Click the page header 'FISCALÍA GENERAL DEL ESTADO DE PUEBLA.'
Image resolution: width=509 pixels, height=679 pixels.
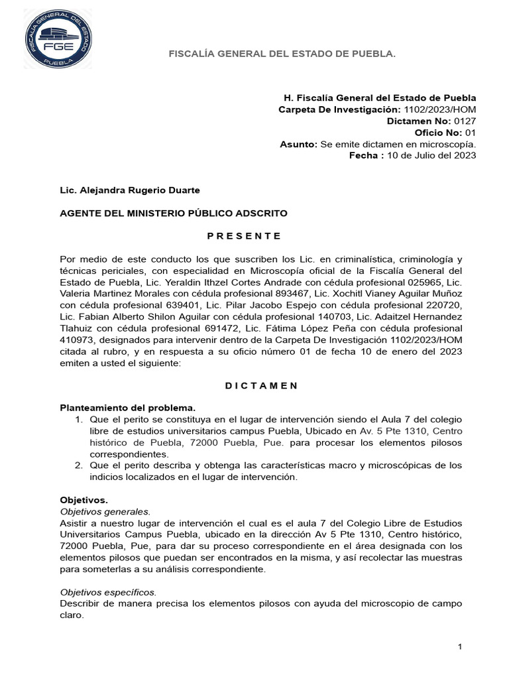tap(282, 52)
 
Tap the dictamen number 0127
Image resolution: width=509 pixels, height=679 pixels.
tap(465, 121)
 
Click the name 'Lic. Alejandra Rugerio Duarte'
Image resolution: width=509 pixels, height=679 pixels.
tap(130, 190)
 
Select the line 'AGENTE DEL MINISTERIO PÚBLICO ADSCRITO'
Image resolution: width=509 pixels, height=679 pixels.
tap(174, 213)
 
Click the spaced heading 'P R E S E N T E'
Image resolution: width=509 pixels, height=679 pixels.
tap(245, 236)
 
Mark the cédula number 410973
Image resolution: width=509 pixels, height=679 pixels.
tap(78, 339)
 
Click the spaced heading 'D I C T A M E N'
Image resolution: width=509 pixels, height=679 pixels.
tap(245, 386)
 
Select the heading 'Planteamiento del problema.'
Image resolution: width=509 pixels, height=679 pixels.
tap(129, 407)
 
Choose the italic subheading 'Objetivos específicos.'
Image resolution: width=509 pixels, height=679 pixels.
tap(108, 592)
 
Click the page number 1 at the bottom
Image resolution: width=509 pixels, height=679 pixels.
tap(460, 646)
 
